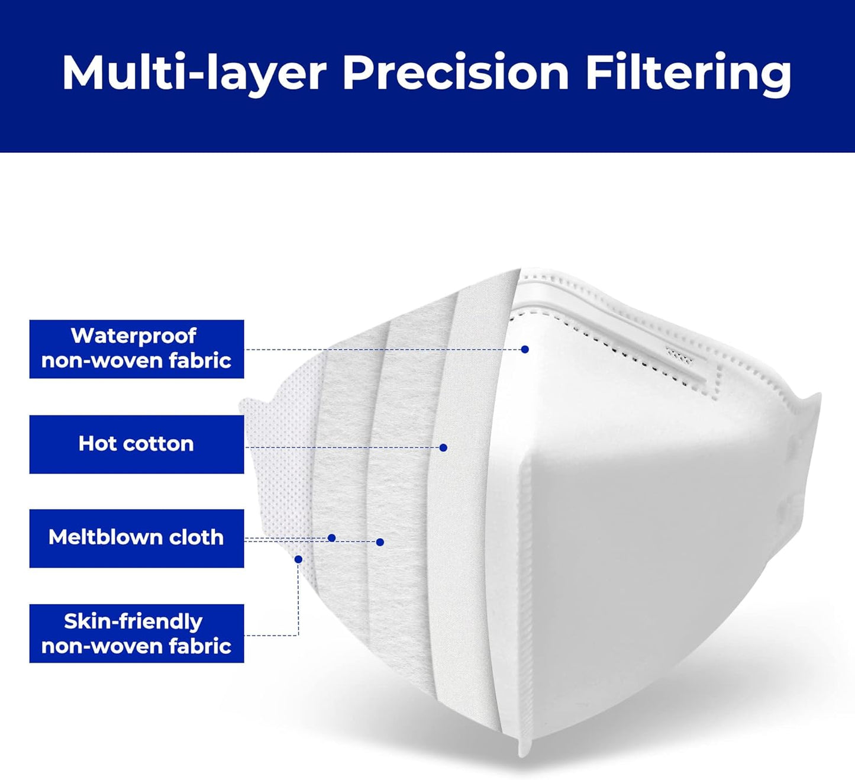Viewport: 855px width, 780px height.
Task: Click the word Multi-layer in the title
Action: (194, 73)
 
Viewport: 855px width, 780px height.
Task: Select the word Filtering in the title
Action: (689, 73)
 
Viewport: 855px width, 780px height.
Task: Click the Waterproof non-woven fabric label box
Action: (137, 349)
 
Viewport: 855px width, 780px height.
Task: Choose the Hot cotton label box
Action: (137, 444)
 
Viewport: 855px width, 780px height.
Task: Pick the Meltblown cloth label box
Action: (137, 538)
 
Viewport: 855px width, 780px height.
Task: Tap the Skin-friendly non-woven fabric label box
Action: (137, 633)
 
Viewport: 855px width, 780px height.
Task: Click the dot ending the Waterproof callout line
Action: (525, 349)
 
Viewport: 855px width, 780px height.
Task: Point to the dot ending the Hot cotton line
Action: (443, 447)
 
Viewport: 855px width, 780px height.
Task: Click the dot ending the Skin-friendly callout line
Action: (298, 559)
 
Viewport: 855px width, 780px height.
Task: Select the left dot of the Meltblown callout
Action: (331, 538)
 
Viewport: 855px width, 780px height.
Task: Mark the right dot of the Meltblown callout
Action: (380, 542)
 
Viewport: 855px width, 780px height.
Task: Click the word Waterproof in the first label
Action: (134, 337)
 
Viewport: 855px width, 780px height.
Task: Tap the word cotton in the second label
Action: (159, 444)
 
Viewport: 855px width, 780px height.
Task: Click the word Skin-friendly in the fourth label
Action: (133, 623)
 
